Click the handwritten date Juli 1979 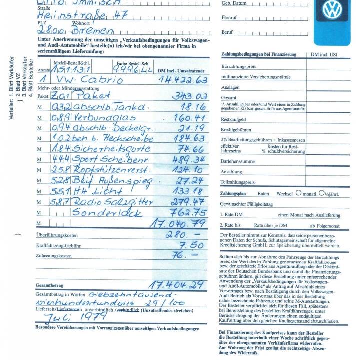click(x=75, y=317)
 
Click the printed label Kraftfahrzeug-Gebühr click(x=59, y=245)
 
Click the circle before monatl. click(x=298, y=192)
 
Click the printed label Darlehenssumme click(x=238, y=162)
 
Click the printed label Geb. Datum click(x=234, y=3)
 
